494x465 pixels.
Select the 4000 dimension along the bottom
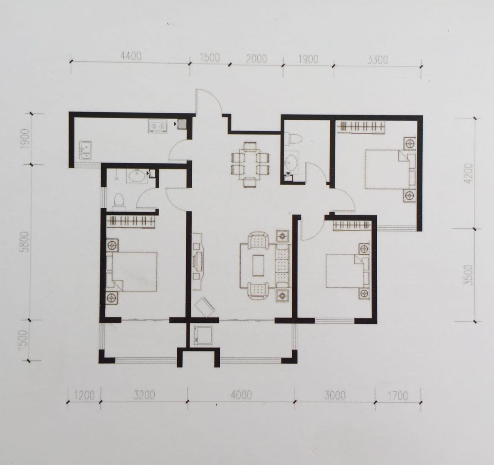tap(241, 395)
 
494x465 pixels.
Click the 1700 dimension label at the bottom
tap(398, 395)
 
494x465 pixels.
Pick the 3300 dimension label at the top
tap(377, 59)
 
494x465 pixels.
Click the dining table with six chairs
tap(250, 165)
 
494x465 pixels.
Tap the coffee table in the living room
tap(258, 265)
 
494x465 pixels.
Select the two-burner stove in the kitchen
tap(157, 126)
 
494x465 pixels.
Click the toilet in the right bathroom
tap(294, 139)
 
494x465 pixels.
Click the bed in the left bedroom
tap(131, 272)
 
